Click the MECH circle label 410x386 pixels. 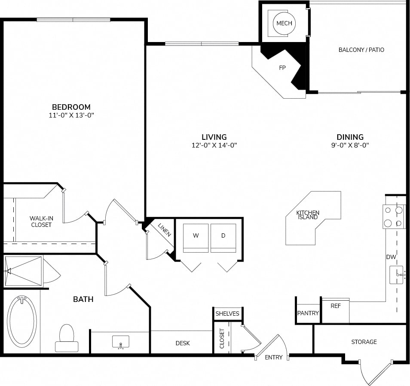284,23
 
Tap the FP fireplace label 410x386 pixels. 282,68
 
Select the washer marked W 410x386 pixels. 196,238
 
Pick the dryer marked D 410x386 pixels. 223,238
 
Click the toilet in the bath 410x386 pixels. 67,338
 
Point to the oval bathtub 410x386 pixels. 22,322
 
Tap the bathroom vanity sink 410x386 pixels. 120,342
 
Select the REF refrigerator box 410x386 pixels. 336,311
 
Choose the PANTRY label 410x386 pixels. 308,313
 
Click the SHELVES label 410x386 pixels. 227,314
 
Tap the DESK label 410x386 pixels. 183,343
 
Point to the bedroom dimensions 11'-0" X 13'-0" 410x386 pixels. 71,115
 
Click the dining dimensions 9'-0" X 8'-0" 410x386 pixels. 350,145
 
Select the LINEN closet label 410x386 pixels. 165,230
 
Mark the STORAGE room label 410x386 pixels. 364,342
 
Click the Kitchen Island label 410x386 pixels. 308,215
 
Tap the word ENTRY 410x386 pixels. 273,357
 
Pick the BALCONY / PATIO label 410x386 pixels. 361,50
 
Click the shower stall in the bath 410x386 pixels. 23,271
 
